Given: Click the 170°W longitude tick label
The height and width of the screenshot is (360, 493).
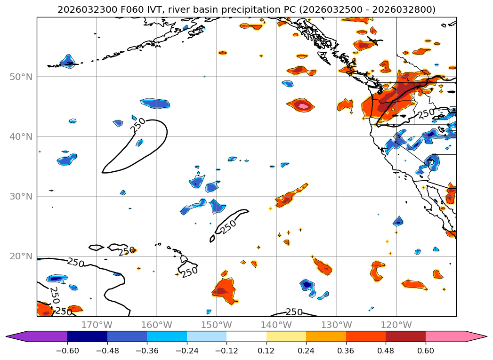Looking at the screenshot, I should point(97,325).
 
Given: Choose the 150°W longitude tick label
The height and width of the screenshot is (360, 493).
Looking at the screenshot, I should point(217,325).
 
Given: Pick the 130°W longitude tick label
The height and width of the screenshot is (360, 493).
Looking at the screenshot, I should point(336,325).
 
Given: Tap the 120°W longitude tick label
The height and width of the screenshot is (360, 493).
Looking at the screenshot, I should point(396,325).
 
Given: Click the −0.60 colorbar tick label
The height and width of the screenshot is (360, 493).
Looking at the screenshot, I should point(67,350).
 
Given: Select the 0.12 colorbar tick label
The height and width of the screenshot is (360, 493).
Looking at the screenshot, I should point(267,350).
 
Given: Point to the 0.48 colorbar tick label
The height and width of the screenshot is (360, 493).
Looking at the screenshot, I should point(386,350).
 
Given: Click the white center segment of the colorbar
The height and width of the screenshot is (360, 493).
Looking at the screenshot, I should point(246,336).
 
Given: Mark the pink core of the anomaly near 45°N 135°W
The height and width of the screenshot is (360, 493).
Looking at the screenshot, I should point(304,106).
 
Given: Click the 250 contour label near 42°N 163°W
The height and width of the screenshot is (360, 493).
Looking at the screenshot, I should point(138,124).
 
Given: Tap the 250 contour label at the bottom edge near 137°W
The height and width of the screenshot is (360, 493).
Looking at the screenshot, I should point(294,312).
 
